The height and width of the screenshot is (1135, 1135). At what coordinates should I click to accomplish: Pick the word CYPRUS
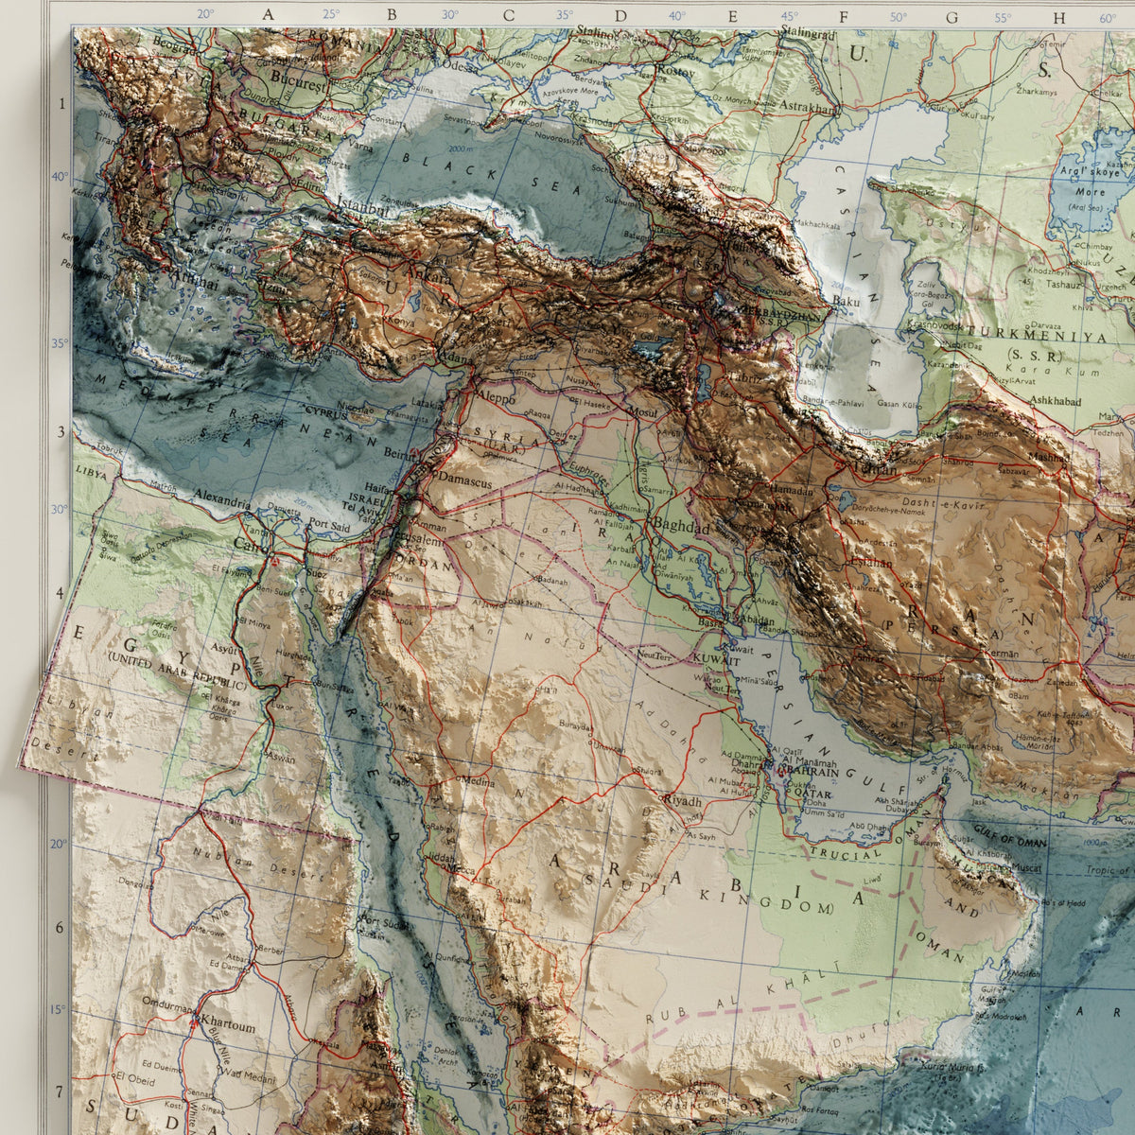point(325,411)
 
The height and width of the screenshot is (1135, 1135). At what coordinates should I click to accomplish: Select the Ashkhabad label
point(1055,401)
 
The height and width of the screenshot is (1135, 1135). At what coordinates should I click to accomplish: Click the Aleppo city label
point(497,398)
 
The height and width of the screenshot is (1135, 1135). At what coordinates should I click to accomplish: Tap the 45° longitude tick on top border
point(789,16)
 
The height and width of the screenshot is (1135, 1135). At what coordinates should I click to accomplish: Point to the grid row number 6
point(59,927)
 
